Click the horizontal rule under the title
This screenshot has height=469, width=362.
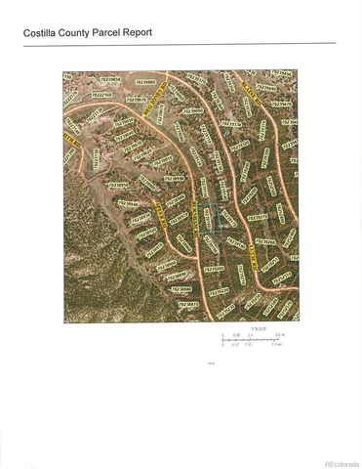pyautogui.click(x=181, y=43)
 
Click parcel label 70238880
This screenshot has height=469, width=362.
pyautogui.click(x=181, y=289)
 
